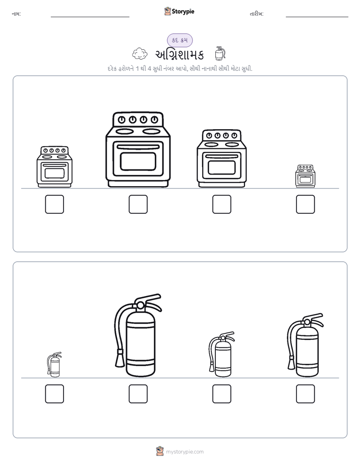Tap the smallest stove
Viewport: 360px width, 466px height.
pyautogui.click(x=306, y=176)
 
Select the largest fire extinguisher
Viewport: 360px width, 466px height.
pyautogui.click(x=138, y=335)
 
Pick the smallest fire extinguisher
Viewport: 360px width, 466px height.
pyautogui.click(x=54, y=365)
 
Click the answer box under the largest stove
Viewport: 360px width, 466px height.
pyautogui.click(x=138, y=204)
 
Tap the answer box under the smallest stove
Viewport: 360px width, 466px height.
pyautogui.click(x=306, y=204)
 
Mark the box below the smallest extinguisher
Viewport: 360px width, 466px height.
pyautogui.click(x=54, y=394)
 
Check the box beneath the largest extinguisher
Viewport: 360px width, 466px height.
pyautogui.click(x=138, y=394)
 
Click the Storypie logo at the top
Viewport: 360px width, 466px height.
pyautogui.click(x=179, y=11)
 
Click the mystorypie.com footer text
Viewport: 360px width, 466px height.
pyautogui.click(x=185, y=452)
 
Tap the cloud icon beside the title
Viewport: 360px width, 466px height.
pyautogui.click(x=140, y=54)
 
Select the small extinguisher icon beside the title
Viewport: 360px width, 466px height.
pyautogui.click(x=220, y=53)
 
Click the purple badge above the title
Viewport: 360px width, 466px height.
pyautogui.click(x=179, y=40)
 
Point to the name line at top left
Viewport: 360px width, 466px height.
pyautogui.click(x=90, y=17)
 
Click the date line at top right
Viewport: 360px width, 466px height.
pyautogui.click(x=317, y=17)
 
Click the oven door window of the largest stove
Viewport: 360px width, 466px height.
pyautogui.click(x=138, y=161)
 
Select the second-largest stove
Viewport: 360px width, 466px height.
pyautogui.click(x=221, y=158)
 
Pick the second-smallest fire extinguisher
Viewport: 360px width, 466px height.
pyautogui.click(x=221, y=354)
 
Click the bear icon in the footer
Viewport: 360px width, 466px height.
pyautogui.click(x=160, y=451)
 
